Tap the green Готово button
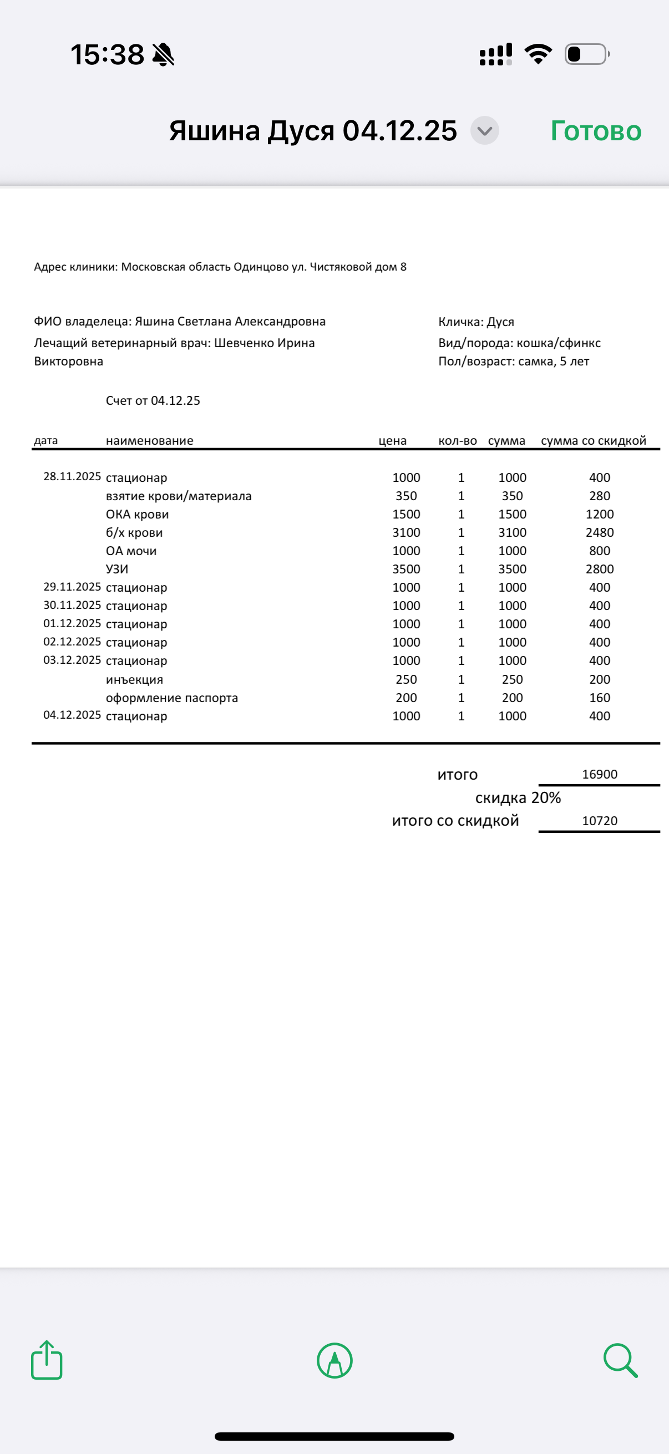click(596, 131)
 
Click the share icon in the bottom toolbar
click(46, 1360)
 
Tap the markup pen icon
click(335, 1360)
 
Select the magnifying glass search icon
click(620, 1360)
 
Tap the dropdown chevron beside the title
click(484, 131)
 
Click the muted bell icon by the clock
click(163, 55)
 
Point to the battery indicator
click(586, 54)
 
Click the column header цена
click(392, 440)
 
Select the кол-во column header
click(457, 440)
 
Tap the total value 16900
click(600, 774)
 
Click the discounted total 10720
click(600, 821)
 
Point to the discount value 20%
click(546, 797)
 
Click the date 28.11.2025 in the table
click(72, 476)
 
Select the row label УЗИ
click(117, 569)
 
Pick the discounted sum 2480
click(600, 532)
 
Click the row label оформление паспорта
click(171, 698)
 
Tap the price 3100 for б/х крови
click(406, 532)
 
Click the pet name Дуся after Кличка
click(500, 322)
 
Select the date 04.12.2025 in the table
click(72, 715)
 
